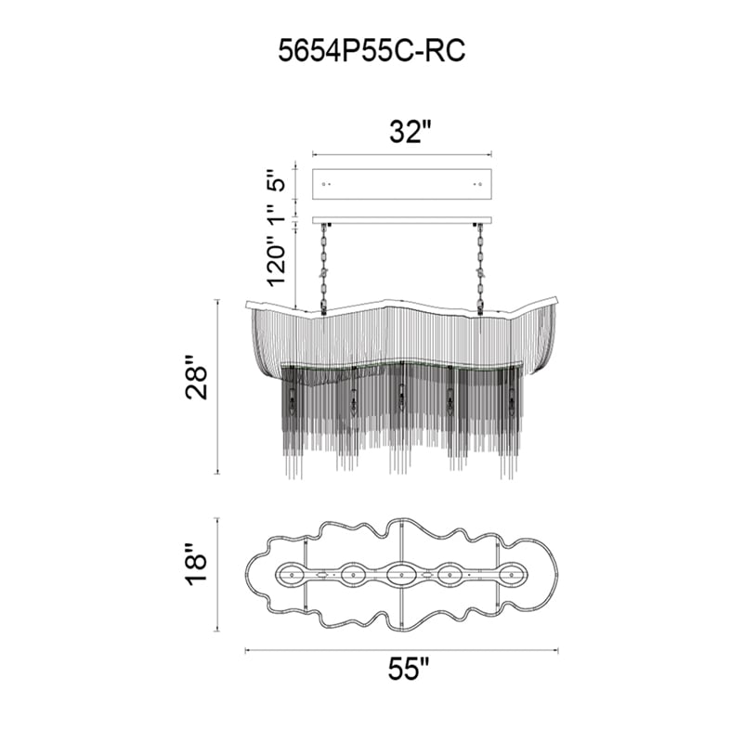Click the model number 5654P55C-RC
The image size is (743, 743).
click(371, 51)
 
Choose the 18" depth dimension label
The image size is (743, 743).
click(196, 565)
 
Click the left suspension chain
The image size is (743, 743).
click(325, 268)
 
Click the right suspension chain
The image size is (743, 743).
click(479, 268)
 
